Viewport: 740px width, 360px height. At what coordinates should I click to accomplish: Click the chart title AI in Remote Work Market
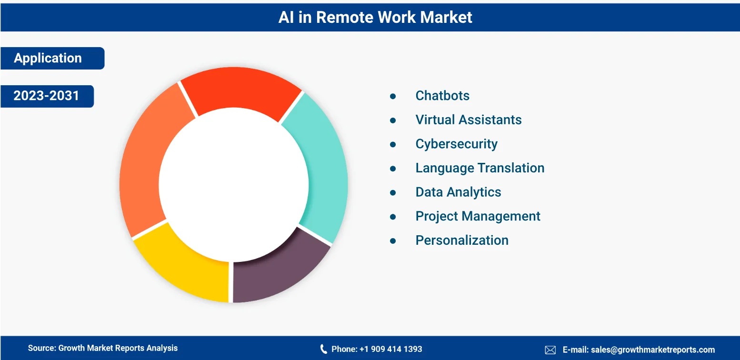(x=375, y=17)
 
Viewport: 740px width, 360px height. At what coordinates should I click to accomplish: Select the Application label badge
(x=52, y=58)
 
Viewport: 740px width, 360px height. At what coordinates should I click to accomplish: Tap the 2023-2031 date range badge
(x=47, y=96)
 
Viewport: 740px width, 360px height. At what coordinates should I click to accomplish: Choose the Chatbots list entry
(x=442, y=96)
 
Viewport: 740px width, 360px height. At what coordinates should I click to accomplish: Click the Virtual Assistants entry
(x=469, y=120)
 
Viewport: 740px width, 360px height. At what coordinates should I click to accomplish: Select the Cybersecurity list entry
(x=456, y=144)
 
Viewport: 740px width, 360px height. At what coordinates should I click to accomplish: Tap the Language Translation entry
(x=480, y=169)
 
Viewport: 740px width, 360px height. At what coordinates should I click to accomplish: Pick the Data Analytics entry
(x=458, y=192)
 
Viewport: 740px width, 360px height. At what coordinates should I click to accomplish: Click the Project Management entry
(x=478, y=217)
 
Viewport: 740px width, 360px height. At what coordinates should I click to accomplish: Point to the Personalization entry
(x=462, y=240)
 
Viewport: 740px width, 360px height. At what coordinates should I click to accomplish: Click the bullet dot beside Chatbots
(x=393, y=96)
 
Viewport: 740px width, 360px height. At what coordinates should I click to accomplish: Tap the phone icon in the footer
(x=323, y=349)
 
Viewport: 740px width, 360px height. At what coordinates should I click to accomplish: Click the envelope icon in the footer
(x=550, y=350)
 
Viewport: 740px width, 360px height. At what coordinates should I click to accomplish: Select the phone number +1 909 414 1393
(x=391, y=349)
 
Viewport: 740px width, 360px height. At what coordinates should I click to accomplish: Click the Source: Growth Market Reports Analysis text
(x=103, y=348)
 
